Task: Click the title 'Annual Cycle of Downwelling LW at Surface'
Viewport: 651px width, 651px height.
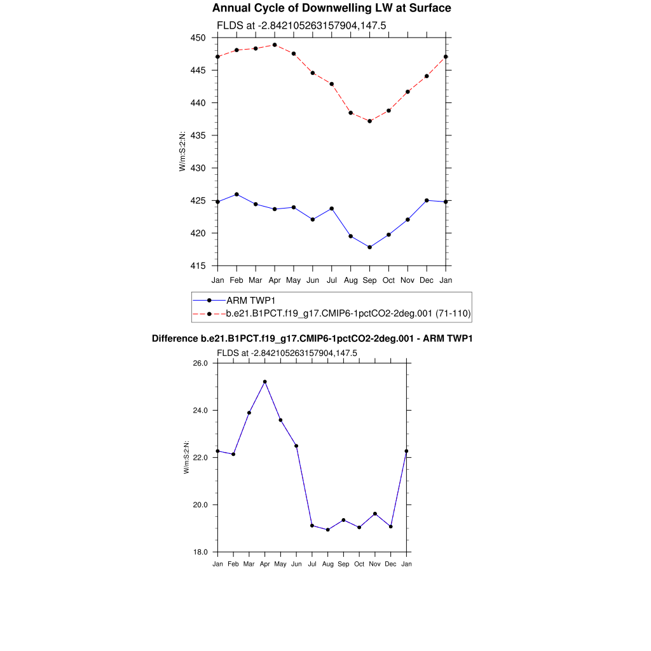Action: pos(331,8)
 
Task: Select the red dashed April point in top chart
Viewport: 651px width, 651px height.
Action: pos(275,45)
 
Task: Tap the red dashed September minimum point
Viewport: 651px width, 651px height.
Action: pos(370,121)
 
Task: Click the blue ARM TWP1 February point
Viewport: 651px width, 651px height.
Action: pos(236,194)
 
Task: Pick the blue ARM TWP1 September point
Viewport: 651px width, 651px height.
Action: pos(370,247)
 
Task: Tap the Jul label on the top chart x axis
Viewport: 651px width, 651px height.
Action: pos(332,280)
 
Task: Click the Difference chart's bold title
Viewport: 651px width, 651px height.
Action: pos(312,339)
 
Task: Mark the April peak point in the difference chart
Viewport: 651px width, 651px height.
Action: pos(264,381)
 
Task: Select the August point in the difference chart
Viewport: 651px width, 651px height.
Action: pos(327,530)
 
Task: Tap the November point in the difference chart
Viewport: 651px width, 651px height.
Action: pos(375,514)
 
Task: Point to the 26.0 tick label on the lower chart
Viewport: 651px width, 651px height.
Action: pos(201,363)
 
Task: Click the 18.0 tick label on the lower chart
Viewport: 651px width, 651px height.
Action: pos(201,552)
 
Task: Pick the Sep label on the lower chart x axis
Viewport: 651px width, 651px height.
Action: pos(343,565)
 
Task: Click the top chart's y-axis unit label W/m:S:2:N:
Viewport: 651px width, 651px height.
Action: pos(182,151)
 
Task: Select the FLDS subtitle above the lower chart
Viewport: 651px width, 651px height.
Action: pos(287,353)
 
